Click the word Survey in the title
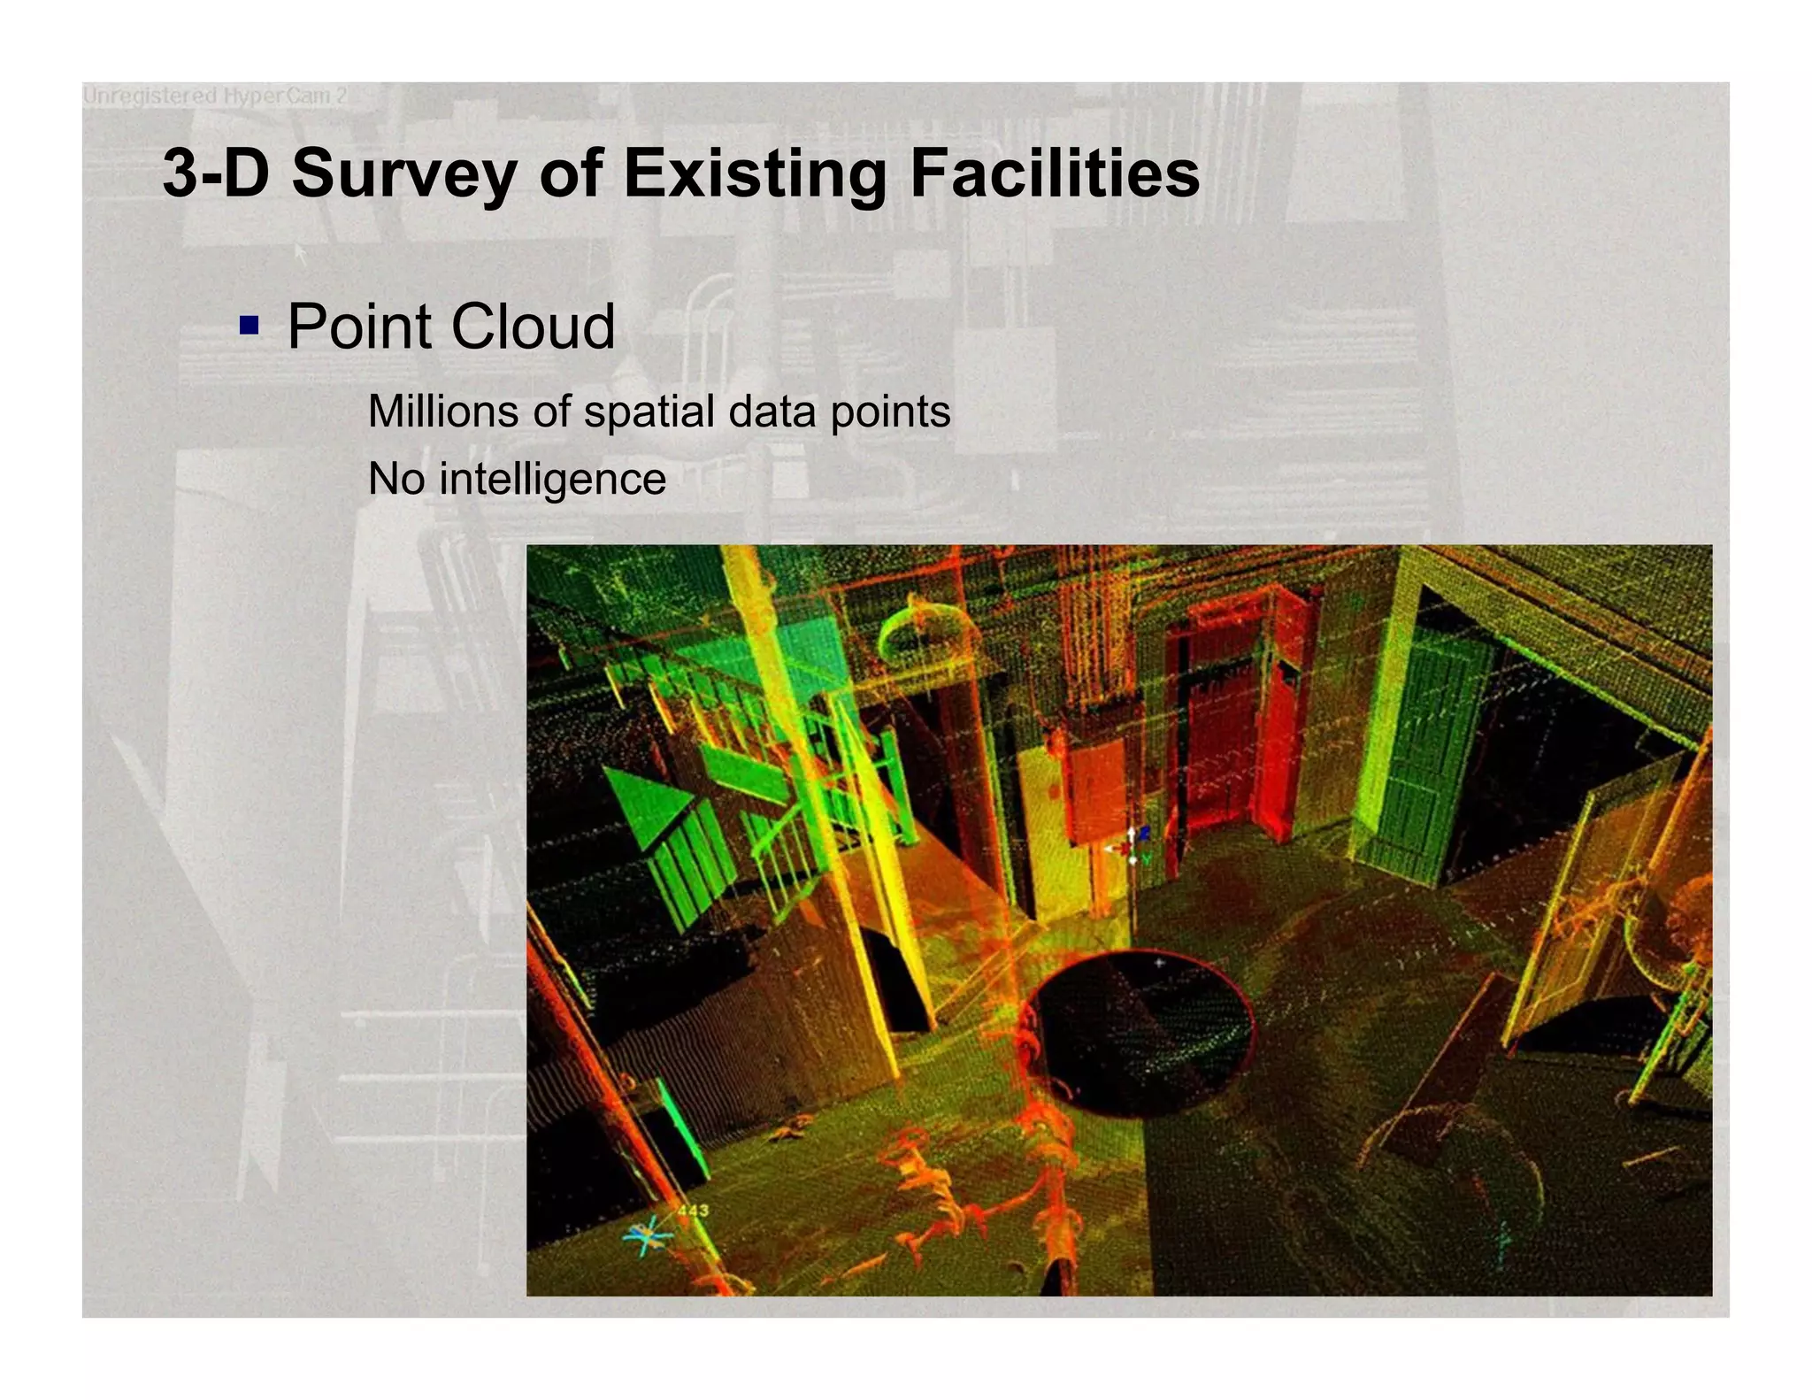point(404,173)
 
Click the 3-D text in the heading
point(216,173)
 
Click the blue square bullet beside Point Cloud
point(250,326)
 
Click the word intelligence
point(552,480)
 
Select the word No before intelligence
point(396,480)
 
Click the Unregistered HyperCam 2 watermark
point(214,96)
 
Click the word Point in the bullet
point(359,327)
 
